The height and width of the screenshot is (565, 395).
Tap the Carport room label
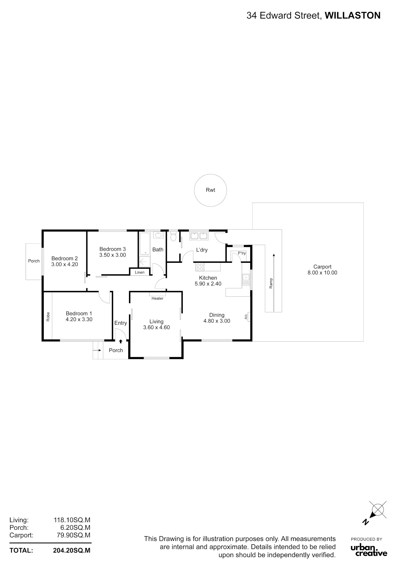322,267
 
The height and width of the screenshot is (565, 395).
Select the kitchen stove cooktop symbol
200,267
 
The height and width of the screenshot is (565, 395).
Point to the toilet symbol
173,236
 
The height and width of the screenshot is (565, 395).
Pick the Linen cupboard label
140,272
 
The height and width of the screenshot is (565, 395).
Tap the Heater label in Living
157,298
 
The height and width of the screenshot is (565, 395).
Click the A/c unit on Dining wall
248,317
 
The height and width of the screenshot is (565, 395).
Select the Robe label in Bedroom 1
48,316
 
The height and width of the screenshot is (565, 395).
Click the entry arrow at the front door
121,341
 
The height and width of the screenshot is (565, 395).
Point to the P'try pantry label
242,253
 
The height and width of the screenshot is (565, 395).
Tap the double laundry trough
199,236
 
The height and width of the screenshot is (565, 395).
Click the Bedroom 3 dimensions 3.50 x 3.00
113,255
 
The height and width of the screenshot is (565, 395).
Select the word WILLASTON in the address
353,16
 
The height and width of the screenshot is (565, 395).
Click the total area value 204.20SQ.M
72,551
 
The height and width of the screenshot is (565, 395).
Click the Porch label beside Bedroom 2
34,261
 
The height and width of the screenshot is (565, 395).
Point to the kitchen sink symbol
246,279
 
